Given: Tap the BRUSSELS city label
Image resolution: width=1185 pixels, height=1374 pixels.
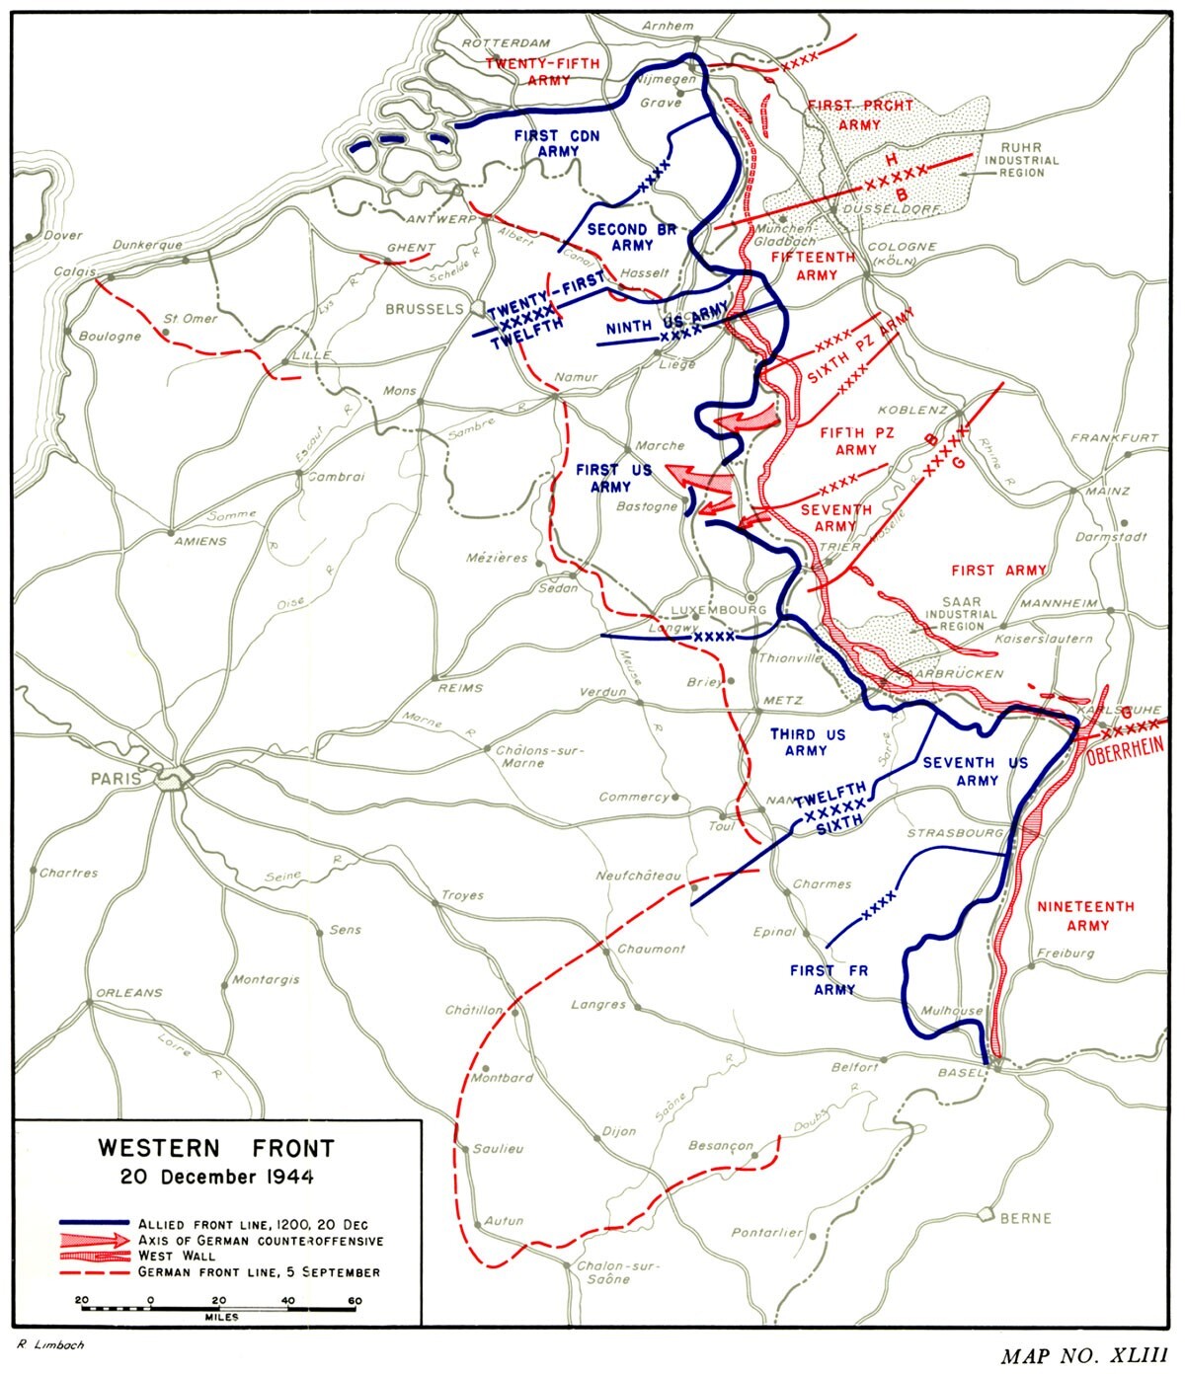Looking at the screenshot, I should (x=424, y=309).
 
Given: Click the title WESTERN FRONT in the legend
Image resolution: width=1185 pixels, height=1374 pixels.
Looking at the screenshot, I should (x=215, y=1149).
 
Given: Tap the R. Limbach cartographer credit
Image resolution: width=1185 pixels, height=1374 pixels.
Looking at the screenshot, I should (x=50, y=1344).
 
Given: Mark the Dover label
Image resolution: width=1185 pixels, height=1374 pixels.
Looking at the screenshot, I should (x=62, y=236).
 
